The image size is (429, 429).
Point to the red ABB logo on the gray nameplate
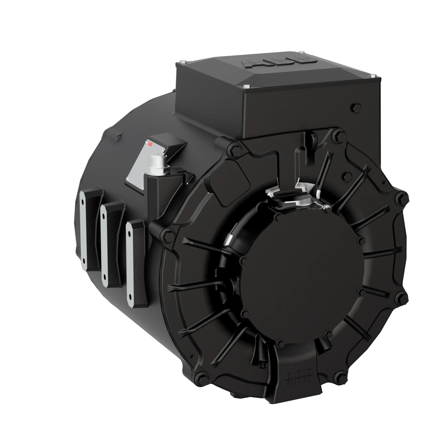[149, 145]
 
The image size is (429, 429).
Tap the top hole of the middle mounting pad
[104, 217]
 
